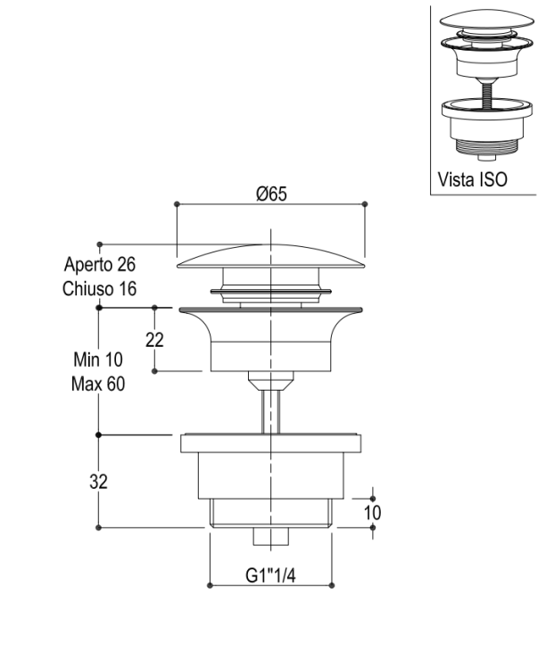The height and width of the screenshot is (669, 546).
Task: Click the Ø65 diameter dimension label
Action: (x=271, y=194)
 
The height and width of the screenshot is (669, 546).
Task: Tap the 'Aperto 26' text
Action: (x=99, y=264)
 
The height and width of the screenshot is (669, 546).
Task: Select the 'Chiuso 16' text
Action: (x=99, y=289)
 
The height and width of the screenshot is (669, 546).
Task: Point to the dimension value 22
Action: (x=154, y=340)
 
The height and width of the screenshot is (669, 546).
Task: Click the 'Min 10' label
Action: (x=98, y=359)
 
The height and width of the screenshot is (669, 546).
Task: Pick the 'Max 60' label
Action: (x=98, y=384)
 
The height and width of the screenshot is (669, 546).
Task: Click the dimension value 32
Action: (x=99, y=482)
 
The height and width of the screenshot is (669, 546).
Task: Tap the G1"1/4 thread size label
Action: (x=270, y=575)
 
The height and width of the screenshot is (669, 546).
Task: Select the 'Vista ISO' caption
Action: (x=473, y=179)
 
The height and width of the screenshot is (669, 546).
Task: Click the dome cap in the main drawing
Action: (x=270, y=257)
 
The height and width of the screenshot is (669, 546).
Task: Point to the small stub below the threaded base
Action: (x=271, y=536)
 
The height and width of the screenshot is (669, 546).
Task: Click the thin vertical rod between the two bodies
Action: (x=270, y=412)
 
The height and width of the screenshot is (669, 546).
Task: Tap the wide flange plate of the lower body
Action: (x=270, y=443)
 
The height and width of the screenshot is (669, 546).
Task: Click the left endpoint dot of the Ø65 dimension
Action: (x=178, y=204)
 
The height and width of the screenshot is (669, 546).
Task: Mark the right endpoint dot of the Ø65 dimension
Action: (x=365, y=204)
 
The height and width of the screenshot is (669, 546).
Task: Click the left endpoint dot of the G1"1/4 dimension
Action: (x=210, y=585)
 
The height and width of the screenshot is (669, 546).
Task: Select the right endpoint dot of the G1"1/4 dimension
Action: (x=332, y=585)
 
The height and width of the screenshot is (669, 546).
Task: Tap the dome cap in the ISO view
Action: (x=486, y=20)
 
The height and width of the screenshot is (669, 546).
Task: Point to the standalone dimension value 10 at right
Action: (x=372, y=513)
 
